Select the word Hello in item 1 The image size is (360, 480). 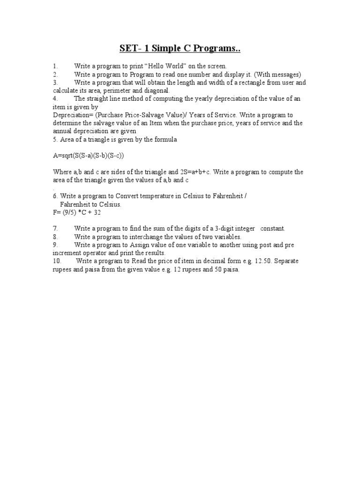[157, 67]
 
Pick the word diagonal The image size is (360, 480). [154, 90]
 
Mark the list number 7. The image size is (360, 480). [55, 228]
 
